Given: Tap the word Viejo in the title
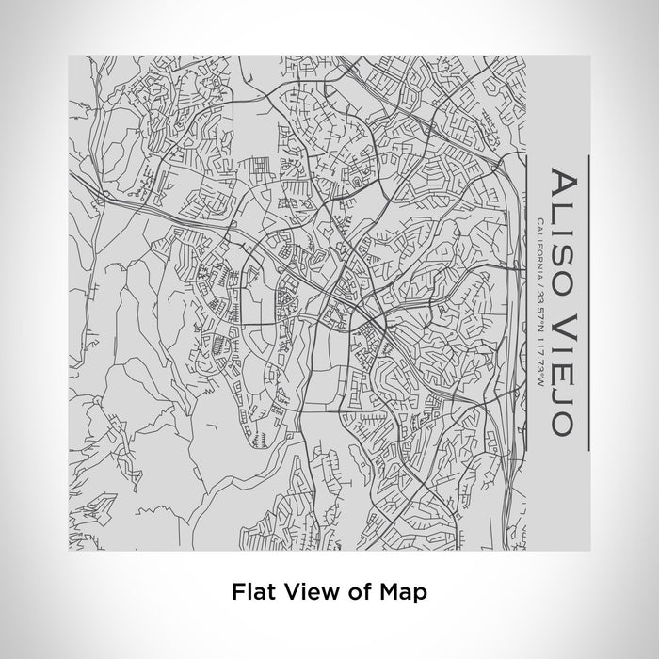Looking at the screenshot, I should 561,365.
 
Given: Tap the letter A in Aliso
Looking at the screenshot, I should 561,183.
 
